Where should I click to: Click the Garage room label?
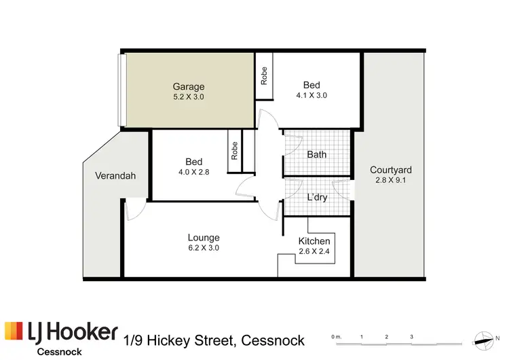coord(188,87)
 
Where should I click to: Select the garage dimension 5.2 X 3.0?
coord(188,97)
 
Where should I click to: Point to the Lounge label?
coord(204,238)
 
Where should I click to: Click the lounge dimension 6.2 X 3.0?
coord(204,248)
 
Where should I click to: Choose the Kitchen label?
coord(314,241)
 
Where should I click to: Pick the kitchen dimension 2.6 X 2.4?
coord(314,252)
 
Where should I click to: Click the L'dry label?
coord(317,197)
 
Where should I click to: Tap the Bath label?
coord(317,154)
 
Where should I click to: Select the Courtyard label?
coord(391,170)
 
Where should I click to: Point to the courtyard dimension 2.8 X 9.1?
coord(391,181)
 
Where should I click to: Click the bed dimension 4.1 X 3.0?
coord(312,96)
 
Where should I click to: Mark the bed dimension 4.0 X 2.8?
coord(194,172)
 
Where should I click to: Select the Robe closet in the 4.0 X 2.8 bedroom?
coord(235,150)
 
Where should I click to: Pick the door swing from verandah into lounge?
coord(135,211)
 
